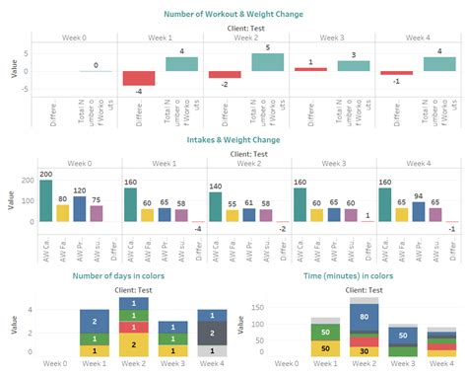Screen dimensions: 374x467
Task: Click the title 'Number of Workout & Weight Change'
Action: click(x=233, y=13)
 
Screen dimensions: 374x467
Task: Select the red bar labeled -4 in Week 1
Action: click(x=138, y=78)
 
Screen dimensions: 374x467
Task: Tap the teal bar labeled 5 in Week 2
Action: click(x=268, y=62)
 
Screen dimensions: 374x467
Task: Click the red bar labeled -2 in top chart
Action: click(x=225, y=74)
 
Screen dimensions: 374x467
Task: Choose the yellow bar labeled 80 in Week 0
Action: click(x=62, y=213)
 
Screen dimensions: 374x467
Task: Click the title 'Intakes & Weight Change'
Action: click(x=233, y=140)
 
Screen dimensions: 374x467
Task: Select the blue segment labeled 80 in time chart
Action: click(x=364, y=318)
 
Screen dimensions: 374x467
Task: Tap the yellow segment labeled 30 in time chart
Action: click(x=364, y=349)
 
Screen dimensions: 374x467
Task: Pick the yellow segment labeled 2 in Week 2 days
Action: click(x=134, y=344)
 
